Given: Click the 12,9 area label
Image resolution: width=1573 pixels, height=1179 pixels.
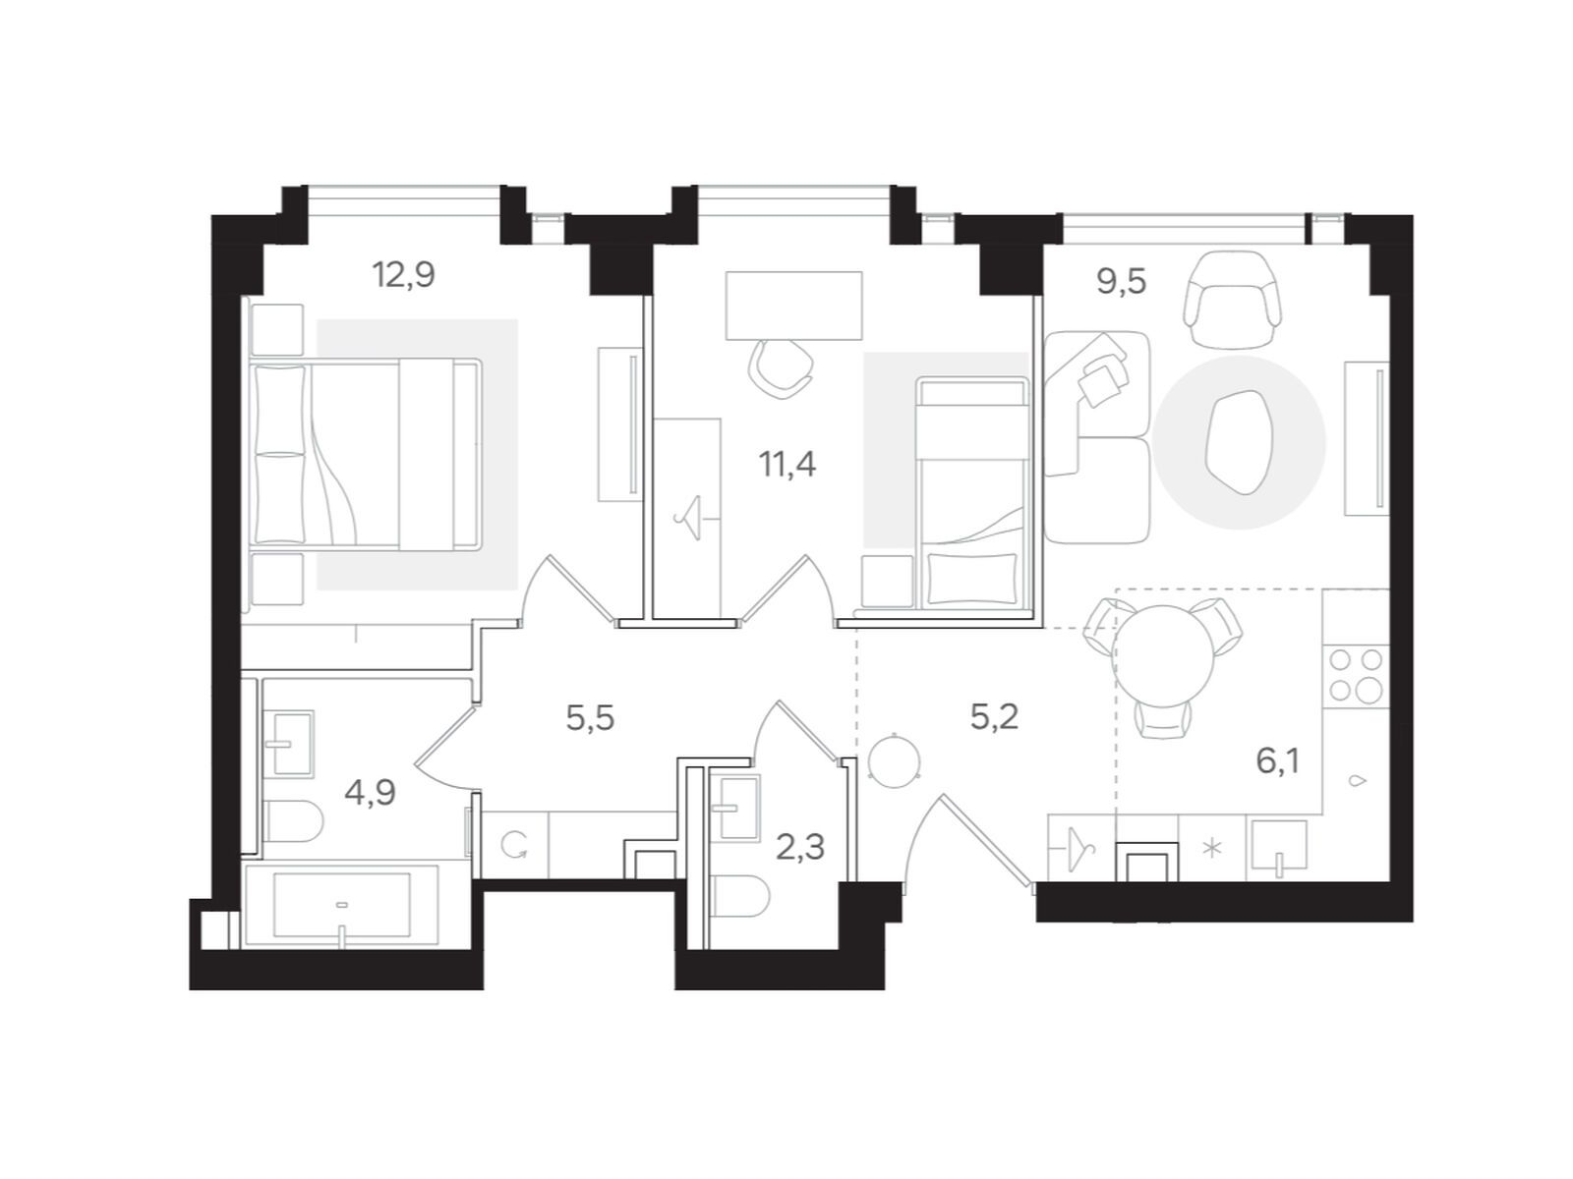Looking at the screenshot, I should [x=403, y=275].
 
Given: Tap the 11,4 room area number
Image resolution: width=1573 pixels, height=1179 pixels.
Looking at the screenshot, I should [x=787, y=463].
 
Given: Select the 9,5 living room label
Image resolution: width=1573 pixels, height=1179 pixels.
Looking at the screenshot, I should [x=1122, y=282].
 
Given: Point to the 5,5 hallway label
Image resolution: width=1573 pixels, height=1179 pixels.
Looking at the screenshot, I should [x=590, y=718].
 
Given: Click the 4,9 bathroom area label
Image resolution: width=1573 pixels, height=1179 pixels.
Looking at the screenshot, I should [x=370, y=791].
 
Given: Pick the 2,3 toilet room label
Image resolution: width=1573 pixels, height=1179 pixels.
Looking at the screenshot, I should [x=800, y=847].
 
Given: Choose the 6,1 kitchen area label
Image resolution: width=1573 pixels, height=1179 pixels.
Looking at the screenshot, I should [x=1278, y=759].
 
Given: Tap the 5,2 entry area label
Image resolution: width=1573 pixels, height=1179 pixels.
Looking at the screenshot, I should [x=994, y=717].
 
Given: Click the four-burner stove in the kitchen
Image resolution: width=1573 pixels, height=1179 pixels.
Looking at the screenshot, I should [x=1356, y=675].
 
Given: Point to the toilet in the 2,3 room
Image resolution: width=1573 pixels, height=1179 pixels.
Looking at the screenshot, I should [x=736, y=896].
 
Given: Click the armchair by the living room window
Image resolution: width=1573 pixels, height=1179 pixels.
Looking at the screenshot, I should [x=1234, y=299].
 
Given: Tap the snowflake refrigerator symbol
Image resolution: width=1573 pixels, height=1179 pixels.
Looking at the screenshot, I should [x=1212, y=848].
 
